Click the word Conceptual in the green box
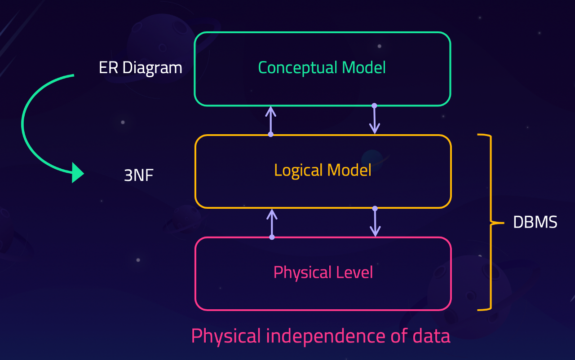point(298,68)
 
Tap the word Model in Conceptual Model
point(363,68)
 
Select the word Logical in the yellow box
point(298,171)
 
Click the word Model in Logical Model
point(349,171)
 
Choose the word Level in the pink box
point(355,272)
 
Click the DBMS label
point(535,222)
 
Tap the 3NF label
point(138,175)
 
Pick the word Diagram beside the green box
point(152,68)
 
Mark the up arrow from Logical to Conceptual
point(270,120)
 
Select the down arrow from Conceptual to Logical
point(374,120)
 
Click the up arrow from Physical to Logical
point(271,223)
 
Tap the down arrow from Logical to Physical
point(375,223)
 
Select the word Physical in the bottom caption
point(226,336)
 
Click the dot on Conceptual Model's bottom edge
point(374,105)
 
